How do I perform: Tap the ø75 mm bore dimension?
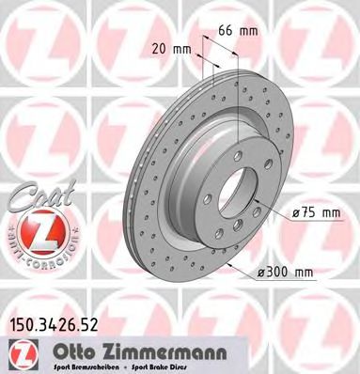pyautogui.click(x=318, y=212)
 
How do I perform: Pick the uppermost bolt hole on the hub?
pyautogui.click(x=240, y=154)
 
